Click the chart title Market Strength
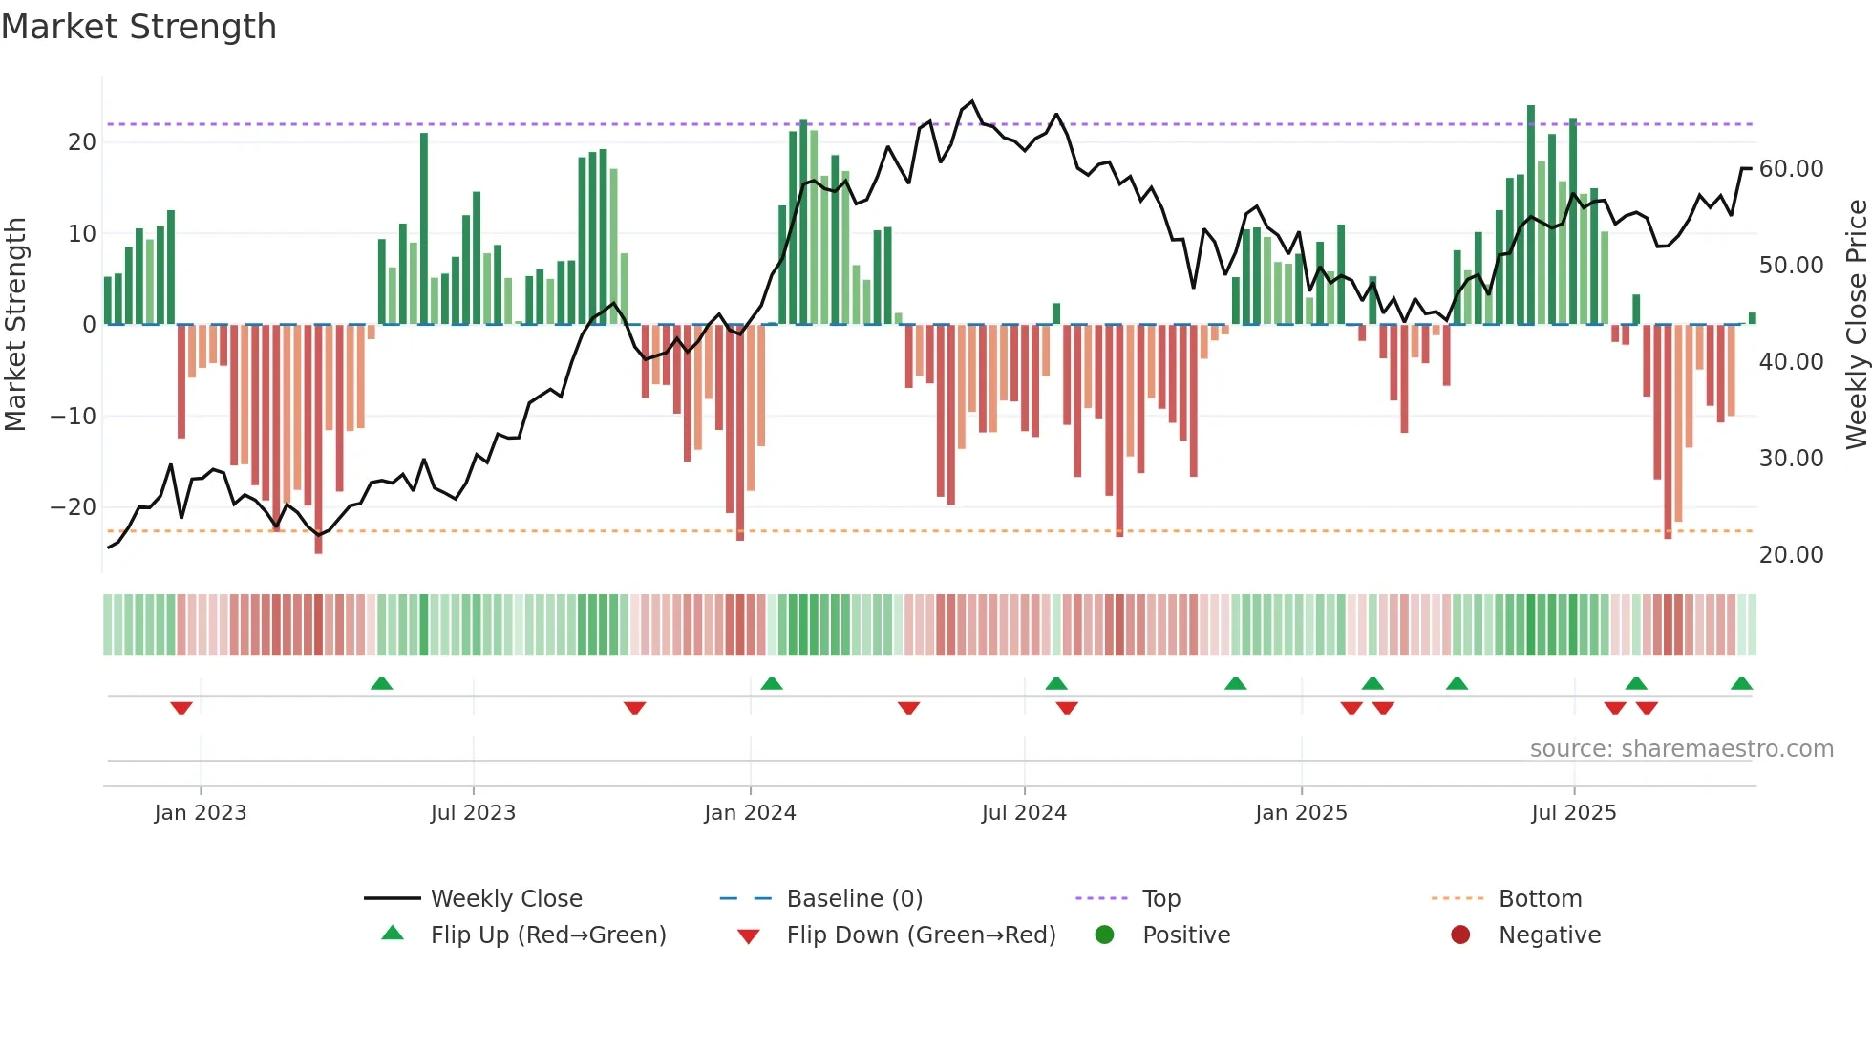138,27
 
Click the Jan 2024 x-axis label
750,813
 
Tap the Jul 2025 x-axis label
1573,813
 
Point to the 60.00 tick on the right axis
1791,169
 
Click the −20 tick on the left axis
74,507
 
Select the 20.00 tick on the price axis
1791,555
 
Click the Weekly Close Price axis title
1856,325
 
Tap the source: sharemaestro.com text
1681,749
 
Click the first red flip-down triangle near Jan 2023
181,708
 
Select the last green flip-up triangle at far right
1741,683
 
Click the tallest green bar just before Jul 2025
1531,215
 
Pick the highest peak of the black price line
972,101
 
